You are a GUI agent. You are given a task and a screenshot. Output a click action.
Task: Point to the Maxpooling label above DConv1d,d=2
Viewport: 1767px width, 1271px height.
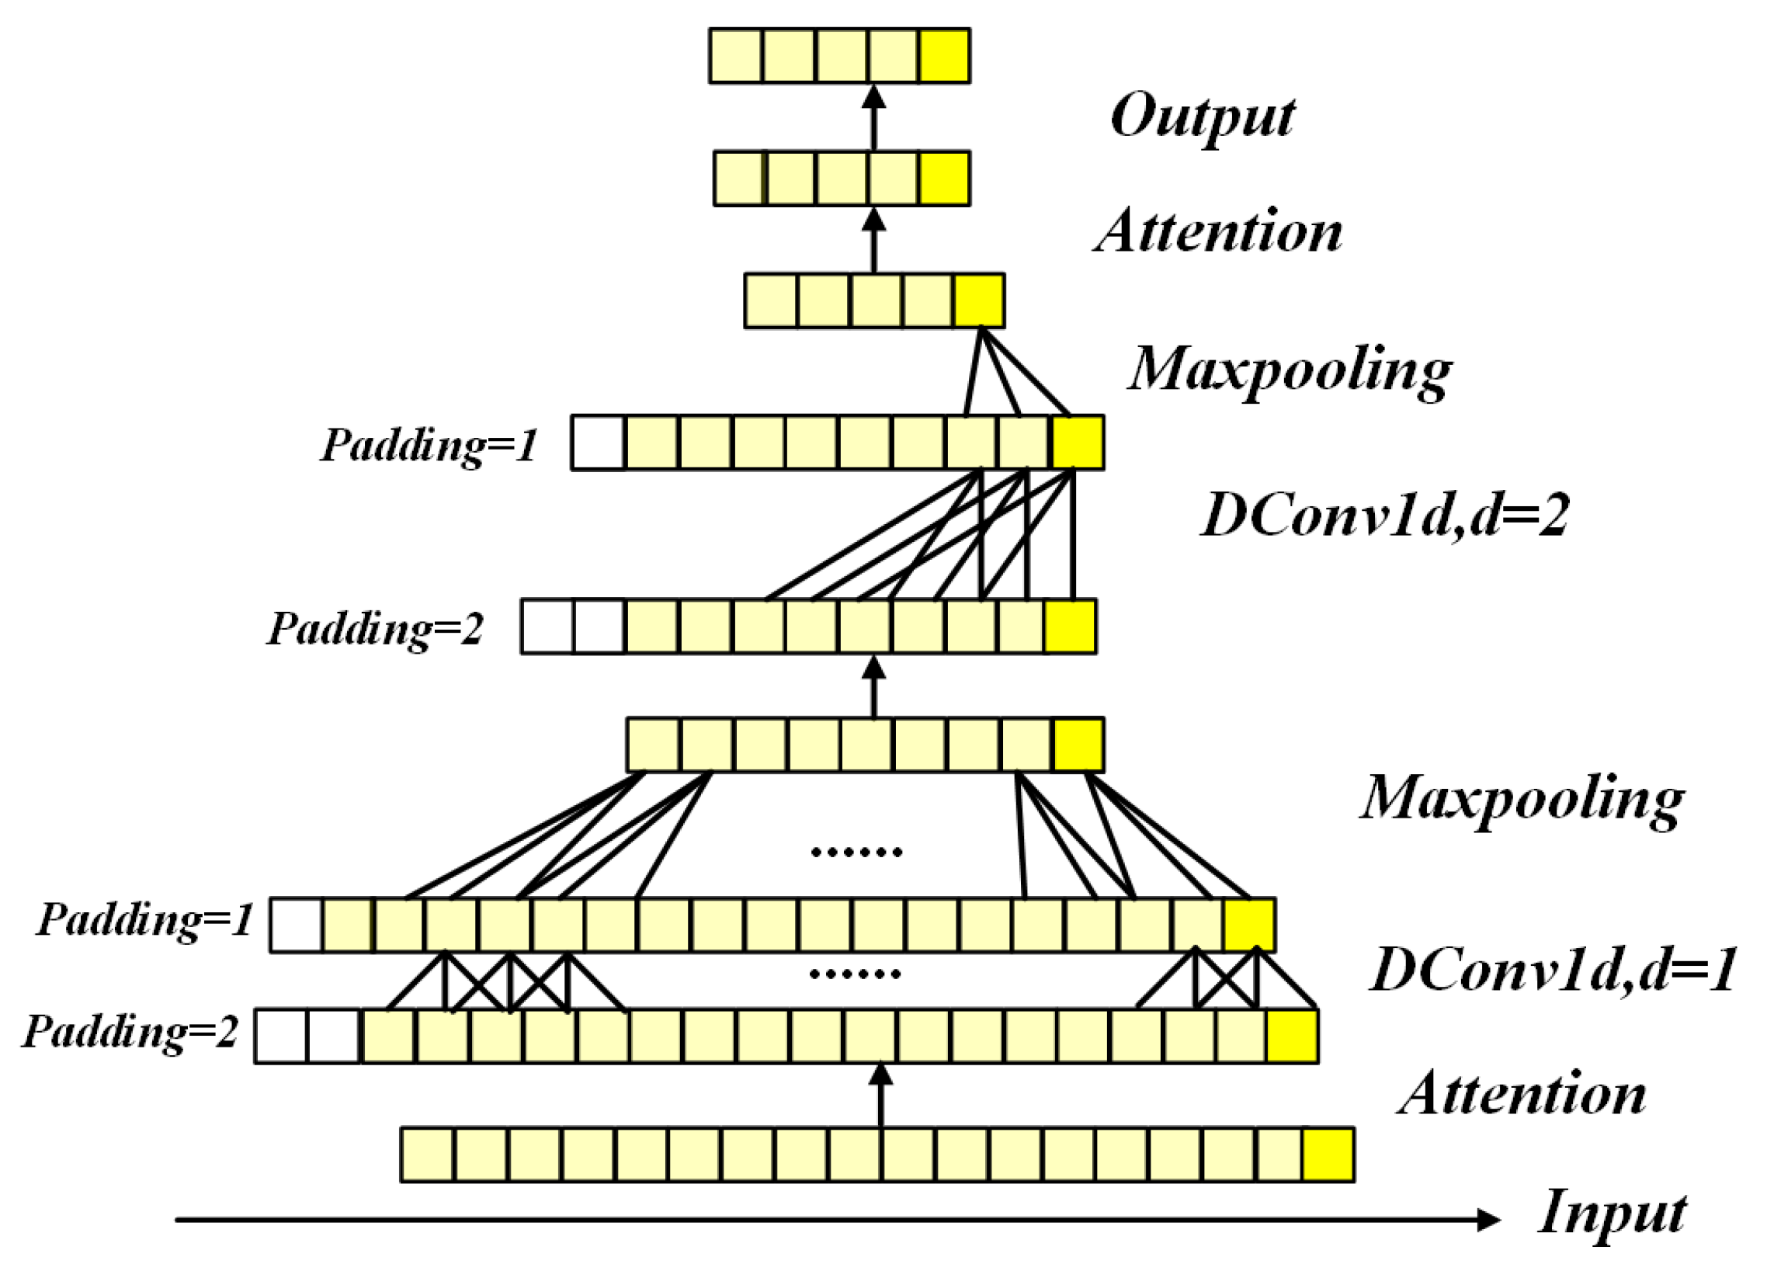1290,370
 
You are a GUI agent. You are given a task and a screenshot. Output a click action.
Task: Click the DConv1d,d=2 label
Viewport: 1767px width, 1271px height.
1384,516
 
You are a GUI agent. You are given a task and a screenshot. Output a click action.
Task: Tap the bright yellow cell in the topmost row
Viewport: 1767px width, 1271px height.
944,56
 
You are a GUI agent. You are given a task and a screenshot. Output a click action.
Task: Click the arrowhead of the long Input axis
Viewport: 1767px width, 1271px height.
1488,1220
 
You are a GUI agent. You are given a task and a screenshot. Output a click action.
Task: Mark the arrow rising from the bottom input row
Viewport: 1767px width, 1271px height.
880,1095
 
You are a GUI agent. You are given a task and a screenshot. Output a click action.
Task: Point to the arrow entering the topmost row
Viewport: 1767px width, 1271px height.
874,117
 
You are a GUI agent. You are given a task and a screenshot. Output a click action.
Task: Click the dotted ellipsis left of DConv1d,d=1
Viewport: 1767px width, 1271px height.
856,974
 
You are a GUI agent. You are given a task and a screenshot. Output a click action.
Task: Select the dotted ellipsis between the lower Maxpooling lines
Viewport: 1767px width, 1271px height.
856,853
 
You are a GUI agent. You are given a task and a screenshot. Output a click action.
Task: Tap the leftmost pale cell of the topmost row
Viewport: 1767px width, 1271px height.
735,56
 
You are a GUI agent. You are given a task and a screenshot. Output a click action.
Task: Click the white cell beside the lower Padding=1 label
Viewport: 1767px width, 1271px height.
296,925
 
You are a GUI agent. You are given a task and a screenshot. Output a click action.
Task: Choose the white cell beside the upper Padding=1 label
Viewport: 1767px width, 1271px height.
599,443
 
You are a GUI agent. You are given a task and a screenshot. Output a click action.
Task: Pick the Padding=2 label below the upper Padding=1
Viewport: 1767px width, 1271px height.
376,628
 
